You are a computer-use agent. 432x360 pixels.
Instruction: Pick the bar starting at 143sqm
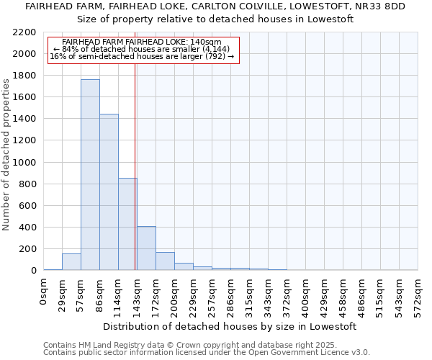pyautogui.click(x=146, y=248)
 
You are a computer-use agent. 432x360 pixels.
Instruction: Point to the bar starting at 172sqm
pyautogui.click(x=165, y=261)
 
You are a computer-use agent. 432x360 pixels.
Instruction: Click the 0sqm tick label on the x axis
pyautogui.click(x=44, y=291)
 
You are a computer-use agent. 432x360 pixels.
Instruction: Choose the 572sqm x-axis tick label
pyautogui.click(x=418, y=294)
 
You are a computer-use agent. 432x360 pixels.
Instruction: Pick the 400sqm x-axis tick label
pyautogui.click(x=306, y=294)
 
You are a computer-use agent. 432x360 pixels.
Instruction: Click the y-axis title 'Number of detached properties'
pyautogui.click(x=7, y=152)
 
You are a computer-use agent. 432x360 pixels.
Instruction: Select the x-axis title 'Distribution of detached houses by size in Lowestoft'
pyautogui.click(x=230, y=326)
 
